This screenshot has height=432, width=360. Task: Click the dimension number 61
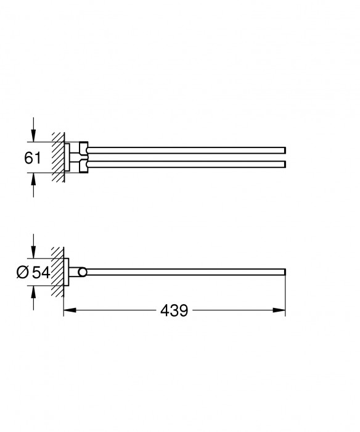pyautogui.click(x=33, y=158)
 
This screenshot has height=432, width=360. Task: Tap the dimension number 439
pyautogui.click(x=174, y=311)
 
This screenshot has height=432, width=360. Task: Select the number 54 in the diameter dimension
pyautogui.click(x=41, y=272)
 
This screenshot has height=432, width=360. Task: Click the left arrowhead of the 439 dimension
pyautogui.click(x=68, y=311)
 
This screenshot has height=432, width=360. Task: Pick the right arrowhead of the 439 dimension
pyautogui.click(x=281, y=311)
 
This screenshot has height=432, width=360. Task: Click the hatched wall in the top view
pyautogui.click(x=58, y=157)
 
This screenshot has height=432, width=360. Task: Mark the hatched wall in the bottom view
pyautogui.click(x=58, y=272)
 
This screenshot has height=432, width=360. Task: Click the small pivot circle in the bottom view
pyautogui.click(x=83, y=272)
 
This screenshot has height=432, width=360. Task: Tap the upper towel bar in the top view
pyautogui.click(x=185, y=150)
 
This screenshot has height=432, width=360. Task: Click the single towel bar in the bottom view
pyautogui.click(x=185, y=272)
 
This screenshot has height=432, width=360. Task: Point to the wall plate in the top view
pyautogui.click(x=67, y=157)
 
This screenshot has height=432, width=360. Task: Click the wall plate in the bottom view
pyautogui.click(x=67, y=272)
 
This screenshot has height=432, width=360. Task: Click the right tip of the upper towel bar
pyautogui.click(x=284, y=150)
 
